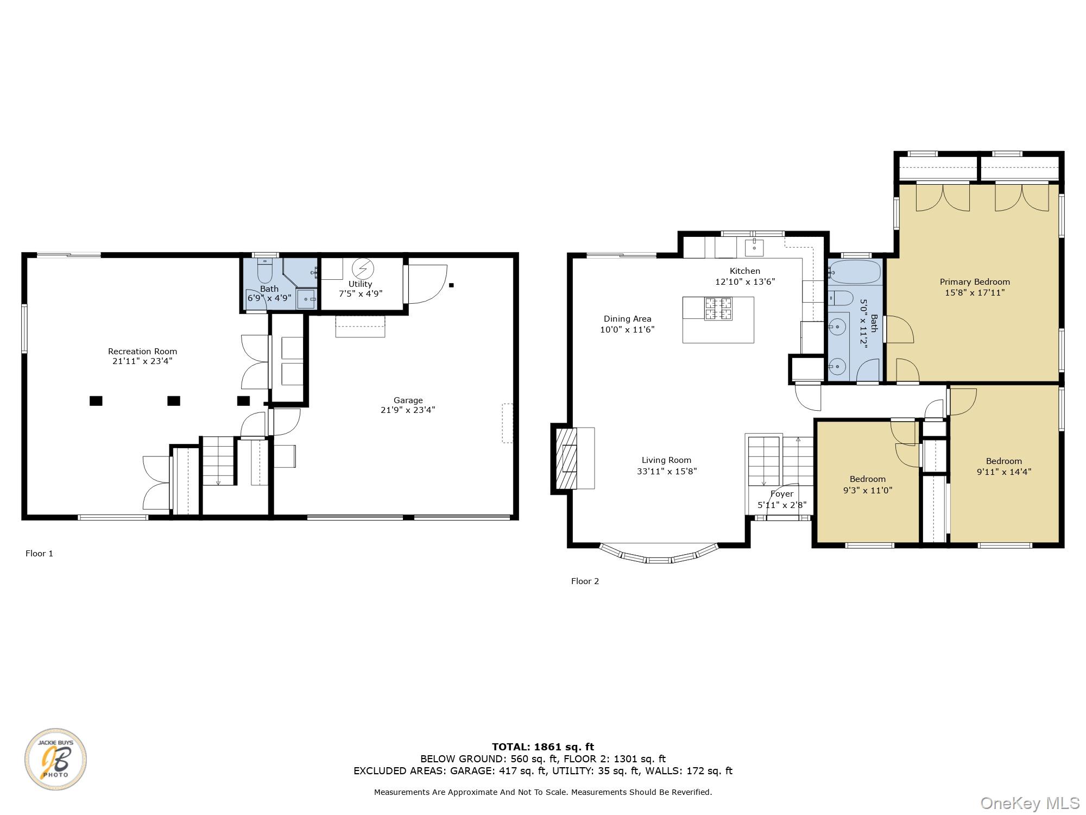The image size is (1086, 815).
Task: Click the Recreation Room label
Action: (142, 352)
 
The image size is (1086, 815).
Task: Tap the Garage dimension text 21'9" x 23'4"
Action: (408, 410)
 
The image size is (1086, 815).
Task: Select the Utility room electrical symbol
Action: (363, 269)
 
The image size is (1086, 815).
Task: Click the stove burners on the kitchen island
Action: (718, 309)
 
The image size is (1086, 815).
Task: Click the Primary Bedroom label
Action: (975, 282)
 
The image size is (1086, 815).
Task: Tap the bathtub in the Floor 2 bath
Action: (855, 272)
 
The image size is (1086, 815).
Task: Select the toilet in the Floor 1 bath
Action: (264, 271)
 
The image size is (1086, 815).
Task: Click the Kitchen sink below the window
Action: (754, 247)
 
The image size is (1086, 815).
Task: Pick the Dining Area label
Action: (627, 319)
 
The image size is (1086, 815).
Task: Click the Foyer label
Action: (782, 494)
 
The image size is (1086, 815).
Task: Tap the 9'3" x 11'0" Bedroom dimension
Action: (868, 490)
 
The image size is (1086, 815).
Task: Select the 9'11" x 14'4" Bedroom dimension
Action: (1003, 472)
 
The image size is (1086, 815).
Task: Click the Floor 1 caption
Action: (39, 554)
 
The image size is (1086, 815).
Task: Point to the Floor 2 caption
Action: (585, 581)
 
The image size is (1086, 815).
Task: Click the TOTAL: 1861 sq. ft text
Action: (542, 747)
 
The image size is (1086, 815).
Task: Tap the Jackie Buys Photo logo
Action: (55, 759)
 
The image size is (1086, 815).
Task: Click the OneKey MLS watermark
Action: (1030, 803)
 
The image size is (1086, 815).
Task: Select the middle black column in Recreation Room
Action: (173, 401)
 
